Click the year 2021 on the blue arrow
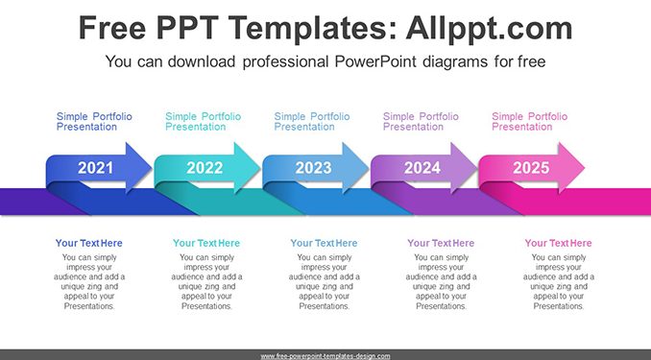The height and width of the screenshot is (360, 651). tap(95, 168)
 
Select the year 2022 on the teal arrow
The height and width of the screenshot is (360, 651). tap(205, 168)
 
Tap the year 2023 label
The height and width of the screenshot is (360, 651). tap(313, 168)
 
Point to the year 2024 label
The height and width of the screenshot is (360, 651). tap(422, 168)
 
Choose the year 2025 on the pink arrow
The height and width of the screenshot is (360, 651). tap(531, 168)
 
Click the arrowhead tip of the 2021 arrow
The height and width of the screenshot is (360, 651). tap(152, 168)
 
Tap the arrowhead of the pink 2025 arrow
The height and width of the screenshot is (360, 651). tap(571, 168)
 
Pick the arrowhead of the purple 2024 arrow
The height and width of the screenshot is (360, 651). tap(464, 168)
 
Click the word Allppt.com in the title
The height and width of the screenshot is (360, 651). tap(489, 28)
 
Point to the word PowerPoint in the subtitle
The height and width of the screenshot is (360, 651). tap(375, 61)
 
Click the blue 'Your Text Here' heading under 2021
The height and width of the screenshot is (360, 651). tap(89, 243)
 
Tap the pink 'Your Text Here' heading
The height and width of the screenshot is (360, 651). tap(558, 243)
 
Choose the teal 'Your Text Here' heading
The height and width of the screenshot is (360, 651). tap(206, 243)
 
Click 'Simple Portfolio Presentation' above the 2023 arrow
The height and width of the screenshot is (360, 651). tap(312, 122)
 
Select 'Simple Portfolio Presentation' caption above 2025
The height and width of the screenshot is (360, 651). tap(529, 122)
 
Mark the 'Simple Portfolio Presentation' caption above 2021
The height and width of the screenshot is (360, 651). tap(94, 122)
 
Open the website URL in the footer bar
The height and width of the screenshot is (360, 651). tap(325, 356)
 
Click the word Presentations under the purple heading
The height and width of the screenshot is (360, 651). tap(442, 306)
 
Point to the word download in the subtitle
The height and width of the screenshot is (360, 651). tap(202, 61)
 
